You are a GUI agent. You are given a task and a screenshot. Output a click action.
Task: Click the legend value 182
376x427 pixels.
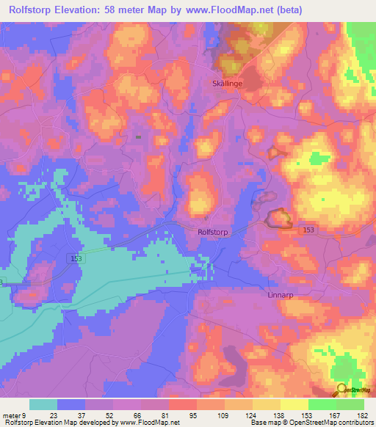pos(363,416)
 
